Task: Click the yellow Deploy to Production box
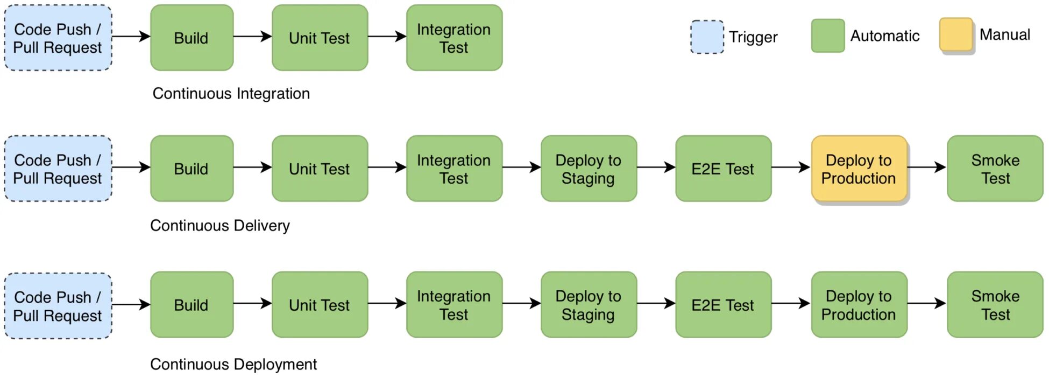pyautogui.click(x=859, y=169)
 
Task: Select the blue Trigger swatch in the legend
pyautogui.click(x=707, y=37)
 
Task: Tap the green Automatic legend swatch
pyautogui.click(x=828, y=36)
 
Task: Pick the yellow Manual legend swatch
pyautogui.click(x=956, y=34)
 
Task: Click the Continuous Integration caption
pyautogui.click(x=231, y=94)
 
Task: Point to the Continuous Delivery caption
pyautogui.click(x=220, y=226)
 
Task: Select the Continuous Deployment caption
pyautogui.click(x=233, y=364)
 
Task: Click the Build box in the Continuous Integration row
pyautogui.click(x=192, y=38)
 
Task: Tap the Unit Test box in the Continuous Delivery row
pyautogui.click(x=320, y=169)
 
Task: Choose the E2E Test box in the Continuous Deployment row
pyautogui.click(x=723, y=305)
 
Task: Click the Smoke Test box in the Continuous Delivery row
pyautogui.click(x=995, y=169)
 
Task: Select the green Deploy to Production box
pyautogui.click(x=859, y=305)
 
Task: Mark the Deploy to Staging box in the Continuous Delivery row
pyautogui.click(x=589, y=169)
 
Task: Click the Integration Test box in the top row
pyautogui.click(x=454, y=38)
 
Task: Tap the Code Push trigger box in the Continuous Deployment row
pyautogui.click(x=58, y=306)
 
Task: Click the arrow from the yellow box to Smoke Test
pyautogui.click(x=927, y=167)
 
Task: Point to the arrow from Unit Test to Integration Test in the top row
pyautogui.click(x=387, y=37)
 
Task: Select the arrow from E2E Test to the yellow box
pyautogui.click(x=791, y=167)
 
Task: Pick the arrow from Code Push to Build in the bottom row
pyautogui.click(x=131, y=304)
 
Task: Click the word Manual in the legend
pyautogui.click(x=1005, y=34)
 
